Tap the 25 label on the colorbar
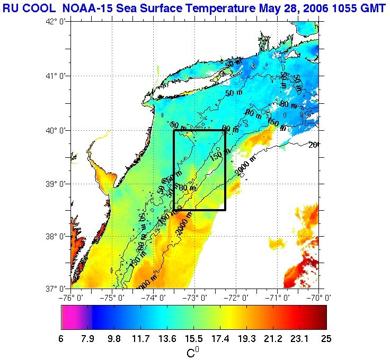(x=325, y=339)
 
